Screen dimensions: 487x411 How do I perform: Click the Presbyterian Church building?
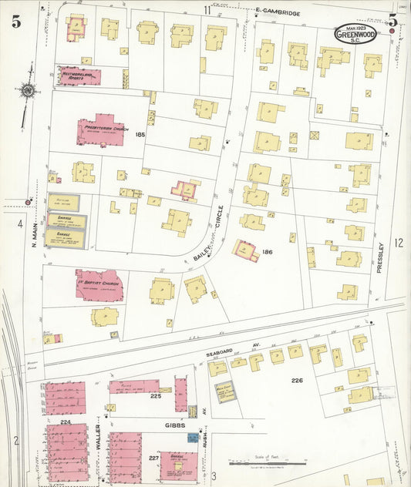pyautogui.click(x=104, y=130)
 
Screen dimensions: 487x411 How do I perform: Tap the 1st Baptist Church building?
pyautogui.click(x=99, y=284)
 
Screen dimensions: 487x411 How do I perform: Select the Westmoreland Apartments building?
pyautogui.click(x=79, y=76)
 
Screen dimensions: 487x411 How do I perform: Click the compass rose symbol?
pyautogui.click(x=29, y=90)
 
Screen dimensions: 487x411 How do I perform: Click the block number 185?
pyautogui.click(x=140, y=135)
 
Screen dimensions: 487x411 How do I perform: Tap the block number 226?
pyautogui.click(x=296, y=381)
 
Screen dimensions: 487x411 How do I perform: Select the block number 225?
pyautogui.click(x=155, y=397)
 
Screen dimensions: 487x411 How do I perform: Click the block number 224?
pyautogui.click(x=66, y=422)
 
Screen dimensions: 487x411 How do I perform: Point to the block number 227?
pyautogui.click(x=153, y=458)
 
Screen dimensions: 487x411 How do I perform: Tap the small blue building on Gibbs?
pyautogui.click(x=191, y=437)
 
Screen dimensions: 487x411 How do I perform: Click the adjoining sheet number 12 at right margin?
pyautogui.click(x=399, y=243)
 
